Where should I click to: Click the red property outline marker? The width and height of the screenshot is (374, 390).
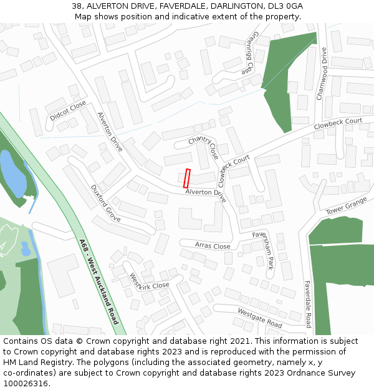[186, 178]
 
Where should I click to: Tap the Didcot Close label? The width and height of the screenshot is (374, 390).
[68, 110]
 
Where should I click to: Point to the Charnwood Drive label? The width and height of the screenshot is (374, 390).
[322, 74]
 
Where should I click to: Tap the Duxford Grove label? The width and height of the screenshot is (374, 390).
[105, 203]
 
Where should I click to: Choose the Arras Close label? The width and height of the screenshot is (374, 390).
[213, 245]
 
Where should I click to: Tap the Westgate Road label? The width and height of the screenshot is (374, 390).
[260, 318]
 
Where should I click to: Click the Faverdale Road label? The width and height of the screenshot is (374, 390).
[307, 303]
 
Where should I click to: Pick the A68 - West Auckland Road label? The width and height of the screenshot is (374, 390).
[98, 281]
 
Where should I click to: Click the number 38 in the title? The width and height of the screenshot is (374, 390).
[77, 6]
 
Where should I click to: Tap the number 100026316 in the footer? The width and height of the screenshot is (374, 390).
[26, 384]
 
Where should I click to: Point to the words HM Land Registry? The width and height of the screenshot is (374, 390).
[35, 363]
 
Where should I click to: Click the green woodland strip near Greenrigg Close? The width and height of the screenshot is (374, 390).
[285, 75]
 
